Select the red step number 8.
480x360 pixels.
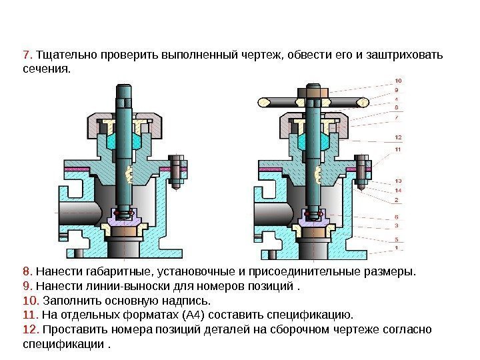tap(26, 272)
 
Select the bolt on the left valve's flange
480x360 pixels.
tap(178, 172)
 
